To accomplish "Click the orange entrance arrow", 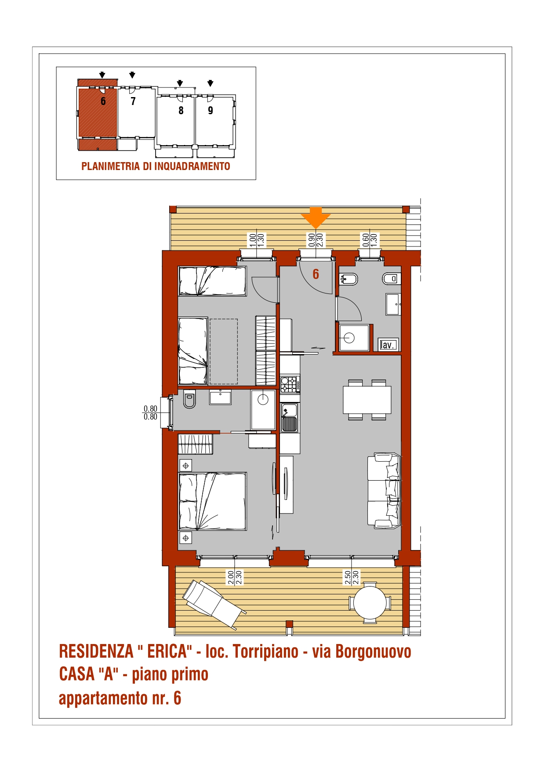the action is [x=316, y=217].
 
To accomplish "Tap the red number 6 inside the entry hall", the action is [x=316, y=274].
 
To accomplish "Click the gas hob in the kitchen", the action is [x=290, y=384].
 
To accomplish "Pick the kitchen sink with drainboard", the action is [x=289, y=418].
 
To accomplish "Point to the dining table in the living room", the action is [x=367, y=400].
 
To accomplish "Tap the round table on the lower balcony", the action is [x=370, y=603].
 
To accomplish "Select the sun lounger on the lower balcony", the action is [x=214, y=604].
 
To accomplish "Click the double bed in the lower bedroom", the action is [x=212, y=501].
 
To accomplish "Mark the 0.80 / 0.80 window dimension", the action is [x=150, y=413].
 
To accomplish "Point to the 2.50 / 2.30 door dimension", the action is [x=352, y=577].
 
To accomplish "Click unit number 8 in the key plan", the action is [x=181, y=110].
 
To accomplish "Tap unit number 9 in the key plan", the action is [x=211, y=110].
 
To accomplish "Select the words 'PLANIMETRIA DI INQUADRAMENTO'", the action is [x=156, y=167].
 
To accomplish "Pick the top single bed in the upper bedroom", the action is [x=212, y=281].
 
